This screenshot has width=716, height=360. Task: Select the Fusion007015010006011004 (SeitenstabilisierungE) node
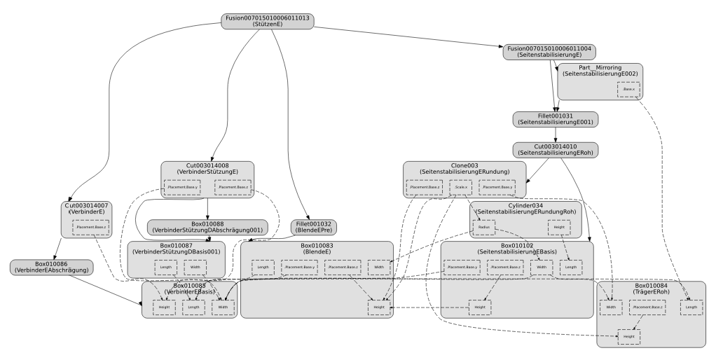548,53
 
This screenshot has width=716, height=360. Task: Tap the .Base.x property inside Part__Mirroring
628,89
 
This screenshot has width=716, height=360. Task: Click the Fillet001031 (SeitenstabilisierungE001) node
556,119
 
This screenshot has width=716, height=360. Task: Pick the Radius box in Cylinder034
484,228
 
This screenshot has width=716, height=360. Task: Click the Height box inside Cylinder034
559,228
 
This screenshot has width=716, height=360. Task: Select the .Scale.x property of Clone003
460,187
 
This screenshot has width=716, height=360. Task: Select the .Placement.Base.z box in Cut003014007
91,227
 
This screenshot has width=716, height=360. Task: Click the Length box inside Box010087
165,267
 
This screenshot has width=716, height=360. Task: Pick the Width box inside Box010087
195,267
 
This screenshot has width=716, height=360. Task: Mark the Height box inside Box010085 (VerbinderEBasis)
164,307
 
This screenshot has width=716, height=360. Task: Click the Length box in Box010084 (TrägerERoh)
691,307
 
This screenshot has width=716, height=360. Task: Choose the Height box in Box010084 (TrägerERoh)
628,337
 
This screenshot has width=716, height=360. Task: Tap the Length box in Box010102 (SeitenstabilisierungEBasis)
571,267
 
